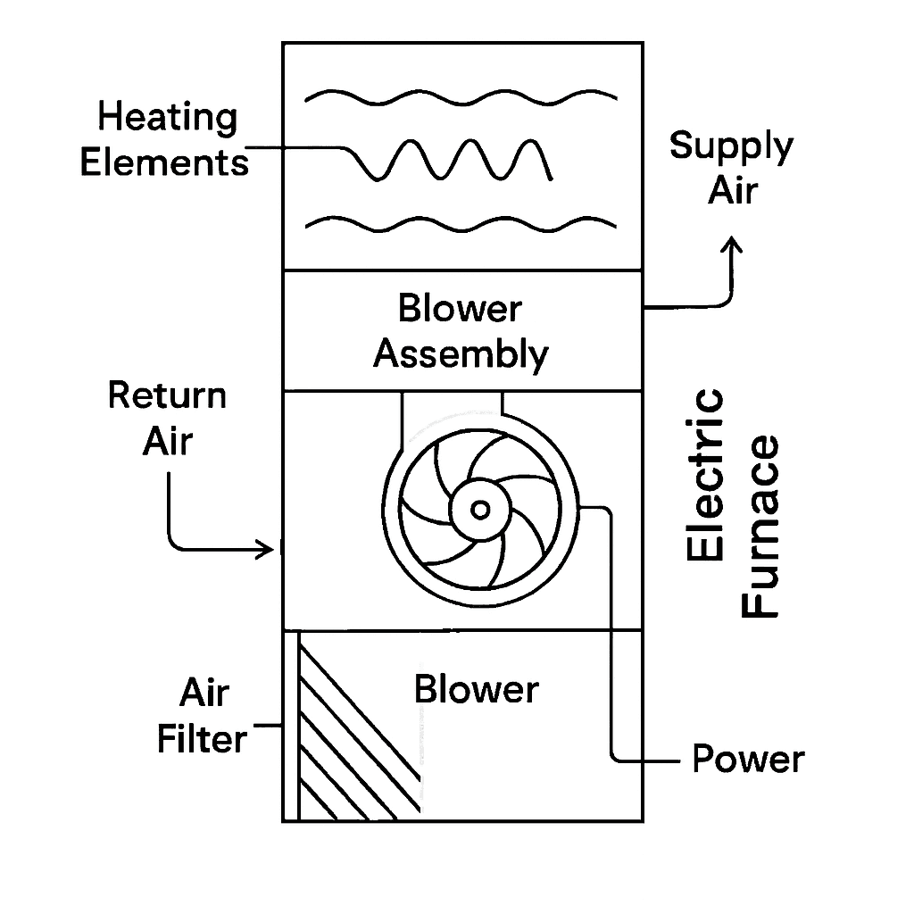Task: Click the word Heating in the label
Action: [168, 118]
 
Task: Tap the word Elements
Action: [165, 163]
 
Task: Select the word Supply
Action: [731, 146]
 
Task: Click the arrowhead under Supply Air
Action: [733, 245]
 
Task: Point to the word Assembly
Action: [461, 355]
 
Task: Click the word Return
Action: [168, 395]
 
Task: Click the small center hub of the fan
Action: [480, 510]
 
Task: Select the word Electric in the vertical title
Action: [706, 474]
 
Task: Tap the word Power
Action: [748, 760]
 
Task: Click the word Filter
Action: [202, 739]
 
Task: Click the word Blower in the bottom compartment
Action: [477, 690]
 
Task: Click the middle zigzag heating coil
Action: [455, 161]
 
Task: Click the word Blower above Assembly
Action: [460, 310]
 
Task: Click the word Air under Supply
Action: [732, 190]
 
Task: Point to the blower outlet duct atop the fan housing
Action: [451, 412]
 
